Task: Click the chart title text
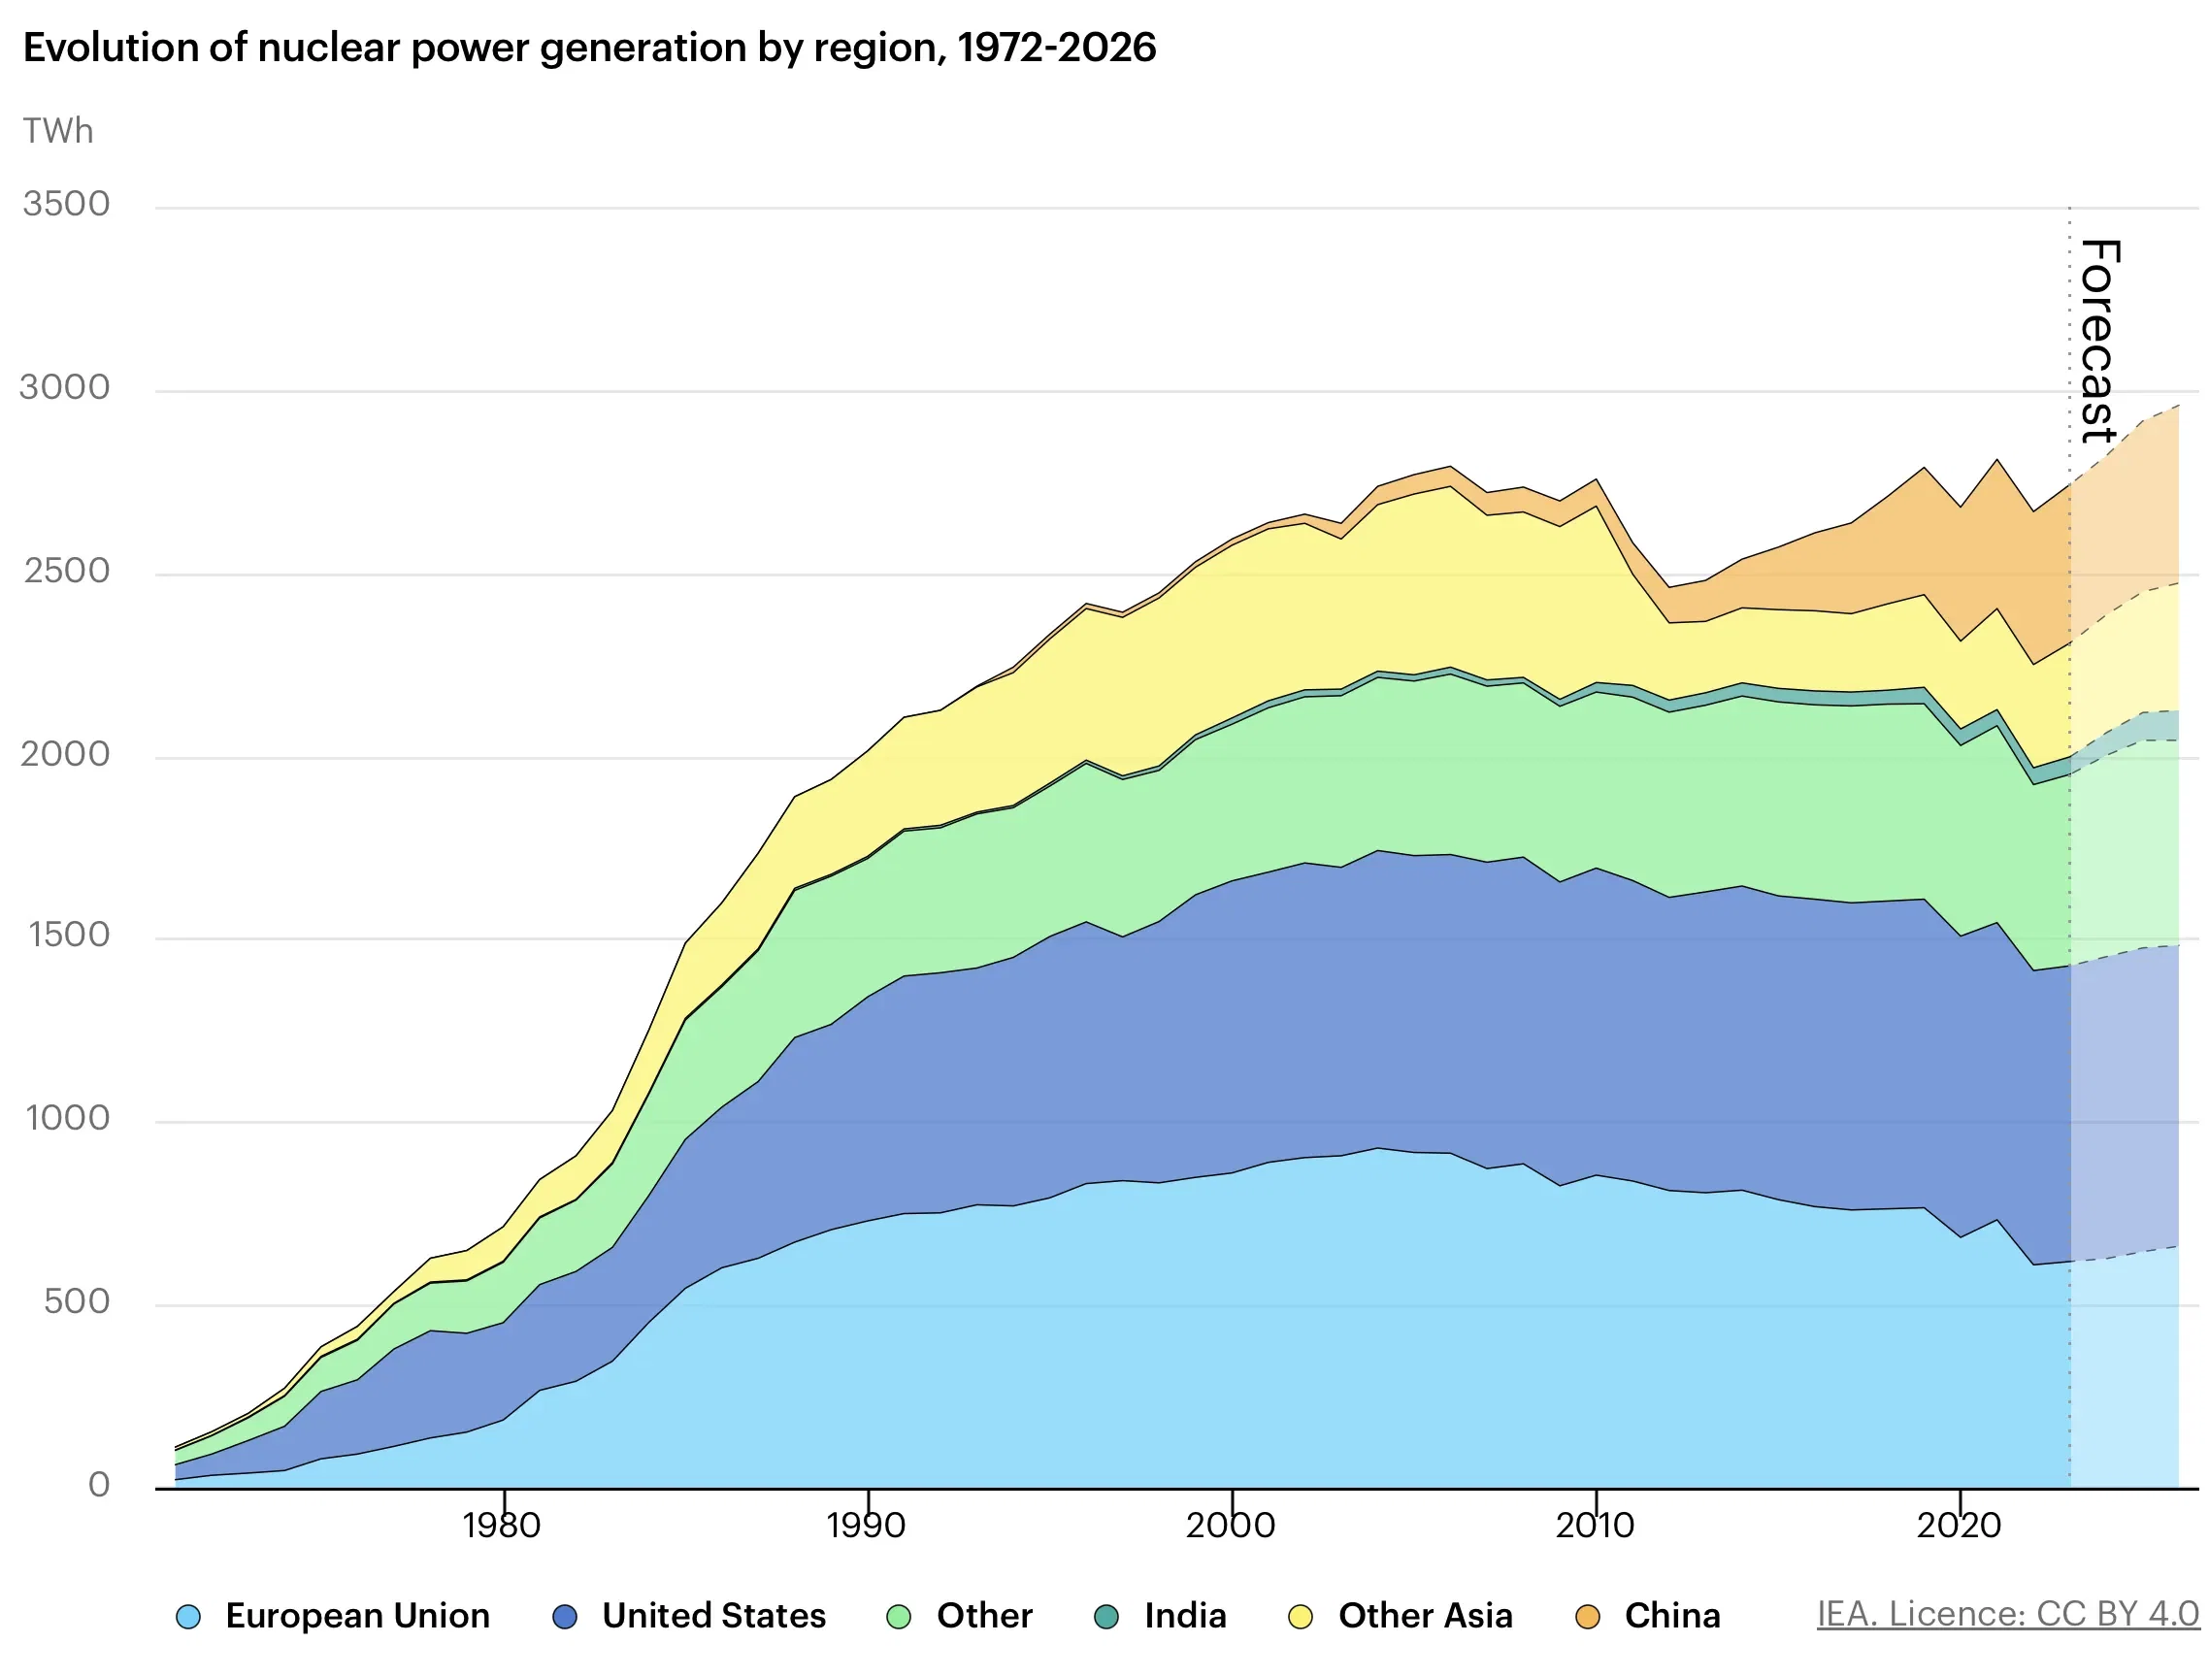point(589,48)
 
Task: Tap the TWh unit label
point(58,131)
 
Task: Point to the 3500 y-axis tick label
point(66,204)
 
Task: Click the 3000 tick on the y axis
point(65,387)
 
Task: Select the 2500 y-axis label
point(66,571)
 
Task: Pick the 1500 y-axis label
point(68,935)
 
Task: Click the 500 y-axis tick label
point(76,1301)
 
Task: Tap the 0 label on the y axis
point(98,1484)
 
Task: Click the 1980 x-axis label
point(502,1526)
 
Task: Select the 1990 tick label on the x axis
point(866,1526)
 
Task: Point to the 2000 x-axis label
point(1231,1526)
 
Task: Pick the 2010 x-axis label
point(1595,1526)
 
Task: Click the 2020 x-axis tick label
point(1960,1526)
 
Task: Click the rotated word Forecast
point(2099,341)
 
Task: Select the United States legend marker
point(565,1617)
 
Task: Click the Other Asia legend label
point(1425,1616)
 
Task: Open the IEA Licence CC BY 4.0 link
point(2006,1614)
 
